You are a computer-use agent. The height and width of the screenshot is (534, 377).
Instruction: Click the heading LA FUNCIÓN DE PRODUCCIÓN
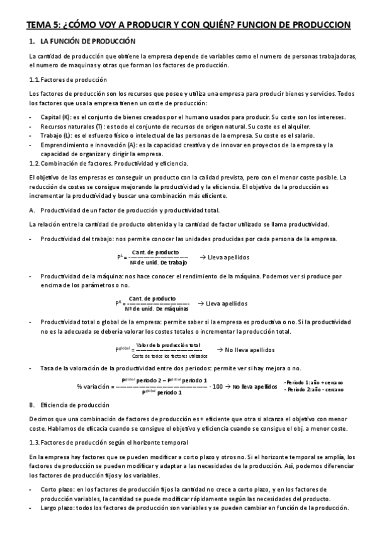coord(87,42)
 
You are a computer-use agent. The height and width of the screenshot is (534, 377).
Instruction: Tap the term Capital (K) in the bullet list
coord(54,118)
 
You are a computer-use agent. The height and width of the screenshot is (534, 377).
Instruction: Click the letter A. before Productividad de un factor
coord(32,210)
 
